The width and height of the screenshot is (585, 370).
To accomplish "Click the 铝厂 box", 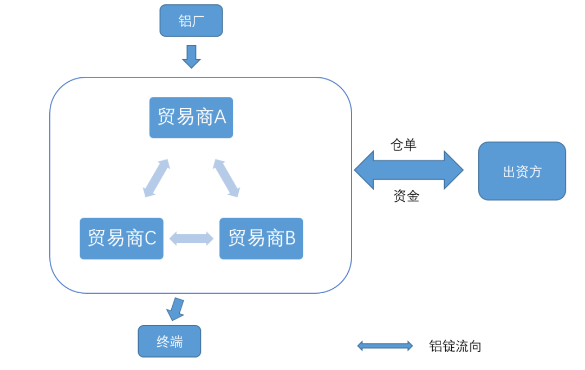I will pyautogui.click(x=191, y=21).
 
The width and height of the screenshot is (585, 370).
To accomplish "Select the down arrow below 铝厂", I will pyautogui.click(x=191, y=56).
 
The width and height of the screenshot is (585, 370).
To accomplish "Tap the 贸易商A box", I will pyautogui.click(x=191, y=117).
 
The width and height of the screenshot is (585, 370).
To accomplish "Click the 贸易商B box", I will pyautogui.click(x=261, y=239).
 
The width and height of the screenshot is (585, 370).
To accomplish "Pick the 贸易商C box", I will pyautogui.click(x=121, y=239).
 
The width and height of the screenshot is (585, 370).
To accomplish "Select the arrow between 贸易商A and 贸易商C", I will pyautogui.click(x=157, y=178).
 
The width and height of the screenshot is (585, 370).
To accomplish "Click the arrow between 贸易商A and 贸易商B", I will pyautogui.click(x=226, y=178).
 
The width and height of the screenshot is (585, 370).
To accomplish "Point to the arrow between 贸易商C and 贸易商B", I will pyautogui.click(x=191, y=239).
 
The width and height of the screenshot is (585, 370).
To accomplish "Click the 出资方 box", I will pyautogui.click(x=522, y=171).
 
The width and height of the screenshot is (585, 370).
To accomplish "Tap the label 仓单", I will pyautogui.click(x=404, y=144).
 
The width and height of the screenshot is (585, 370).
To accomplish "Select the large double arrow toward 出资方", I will pyautogui.click(x=408, y=170).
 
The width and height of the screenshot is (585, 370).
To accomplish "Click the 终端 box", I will pyautogui.click(x=169, y=341).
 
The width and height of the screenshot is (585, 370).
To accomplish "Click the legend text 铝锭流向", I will pyautogui.click(x=455, y=346).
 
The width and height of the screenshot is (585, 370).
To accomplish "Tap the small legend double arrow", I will pyautogui.click(x=385, y=346).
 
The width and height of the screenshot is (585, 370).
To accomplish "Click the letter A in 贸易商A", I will pyautogui.click(x=220, y=117).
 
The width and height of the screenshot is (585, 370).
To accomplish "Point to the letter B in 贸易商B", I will pyautogui.click(x=290, y=239).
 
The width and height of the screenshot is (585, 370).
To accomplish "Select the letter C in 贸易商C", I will pyautogui.click(x=150, y=239).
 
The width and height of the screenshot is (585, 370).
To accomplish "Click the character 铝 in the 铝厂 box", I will pyautogui.click(x=185, y=21).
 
